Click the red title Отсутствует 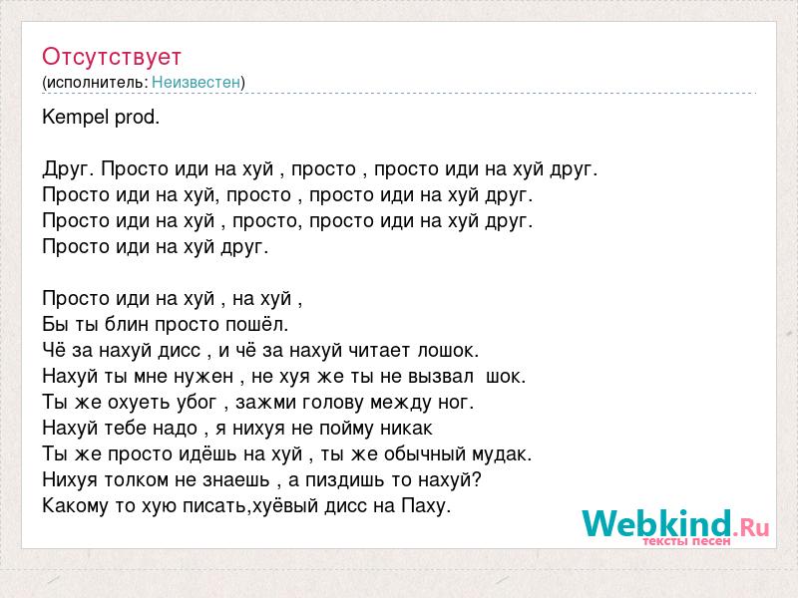pyautogui.click(x=112, y=57)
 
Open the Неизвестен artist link pyautogui.click(x=196, y=82)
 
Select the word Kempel pyautogui.click(x=76, y=118)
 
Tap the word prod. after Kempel pyautogui.click(x=138, y=118)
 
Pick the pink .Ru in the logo pyautogui.click(x=751, y=527)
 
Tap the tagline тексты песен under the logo pyautogui.click(x=686, y=541)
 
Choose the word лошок pyautogui.click(x=448, y=351)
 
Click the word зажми pyautogui.click(x=266, y=403)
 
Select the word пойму pyautogui.click(x=344, y=429)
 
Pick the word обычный pyautogui.click(x=425, y=454)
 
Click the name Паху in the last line pyautogui.click(x=427, y=506)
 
